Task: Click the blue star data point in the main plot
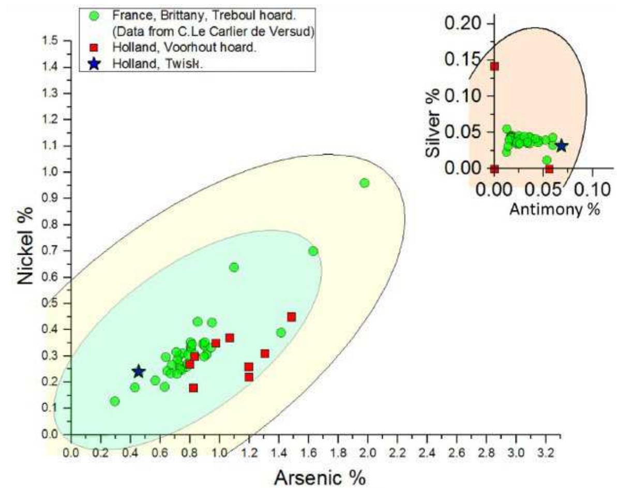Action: (x=139, y=371)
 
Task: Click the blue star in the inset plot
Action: (x=561, y=146)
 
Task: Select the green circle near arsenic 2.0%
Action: (x=365, y=183)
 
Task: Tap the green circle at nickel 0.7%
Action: (x=313, y=251)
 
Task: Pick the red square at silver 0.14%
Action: (x=494, y=66)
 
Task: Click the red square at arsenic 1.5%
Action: (x=292, y=317)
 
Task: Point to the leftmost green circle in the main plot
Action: (x=115, y=401)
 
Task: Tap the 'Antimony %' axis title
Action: (x=554, y=209)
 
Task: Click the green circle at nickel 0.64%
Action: (x=234, y=267)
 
